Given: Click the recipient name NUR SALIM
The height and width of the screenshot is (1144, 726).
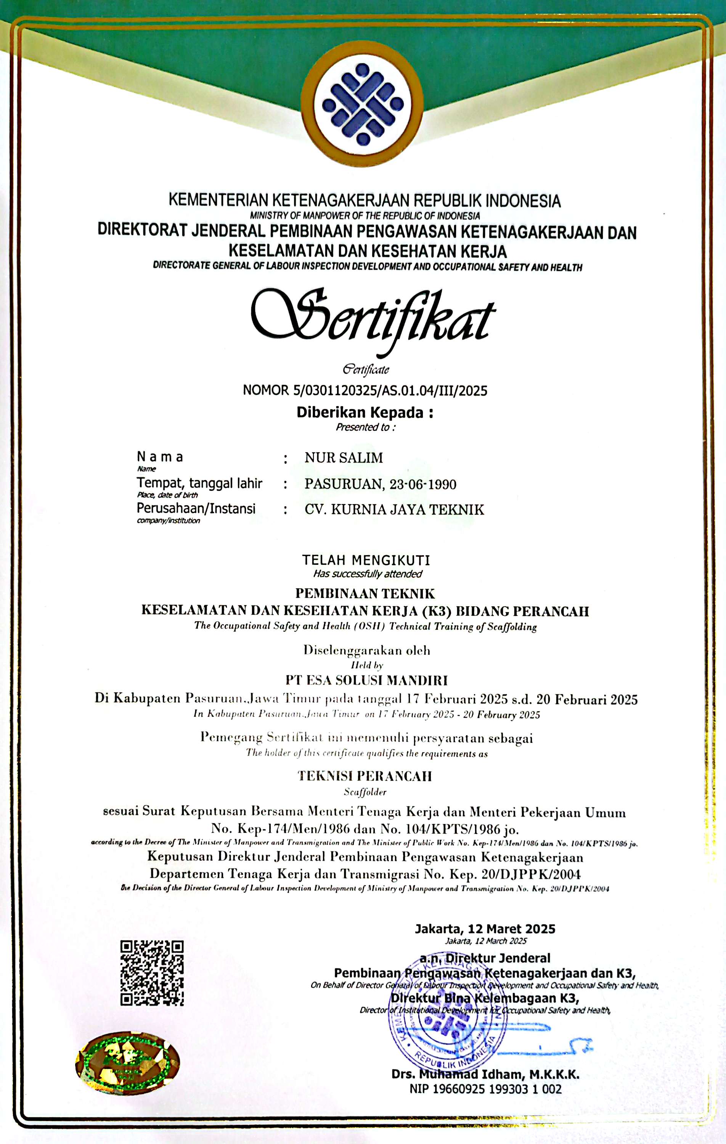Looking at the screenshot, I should tap(344, 458).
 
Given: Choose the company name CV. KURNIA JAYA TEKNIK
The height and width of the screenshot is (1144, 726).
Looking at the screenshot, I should tap(394, 510).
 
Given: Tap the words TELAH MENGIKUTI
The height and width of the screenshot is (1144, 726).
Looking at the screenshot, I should tap(366, 560).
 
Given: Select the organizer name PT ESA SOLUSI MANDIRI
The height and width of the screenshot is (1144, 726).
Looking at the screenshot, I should tap(366, 680).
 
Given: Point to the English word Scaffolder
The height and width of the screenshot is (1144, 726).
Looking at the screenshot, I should tap(365, 792).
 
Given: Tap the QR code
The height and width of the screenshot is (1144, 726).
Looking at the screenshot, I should tap(152, 972).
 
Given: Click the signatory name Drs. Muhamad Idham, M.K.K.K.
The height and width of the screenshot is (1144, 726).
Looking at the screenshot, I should tap(485, 1075).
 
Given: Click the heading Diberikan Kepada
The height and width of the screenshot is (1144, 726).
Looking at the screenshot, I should tap(365, 412).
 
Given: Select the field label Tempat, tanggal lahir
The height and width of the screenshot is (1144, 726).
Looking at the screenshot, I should tap(199, 483).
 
